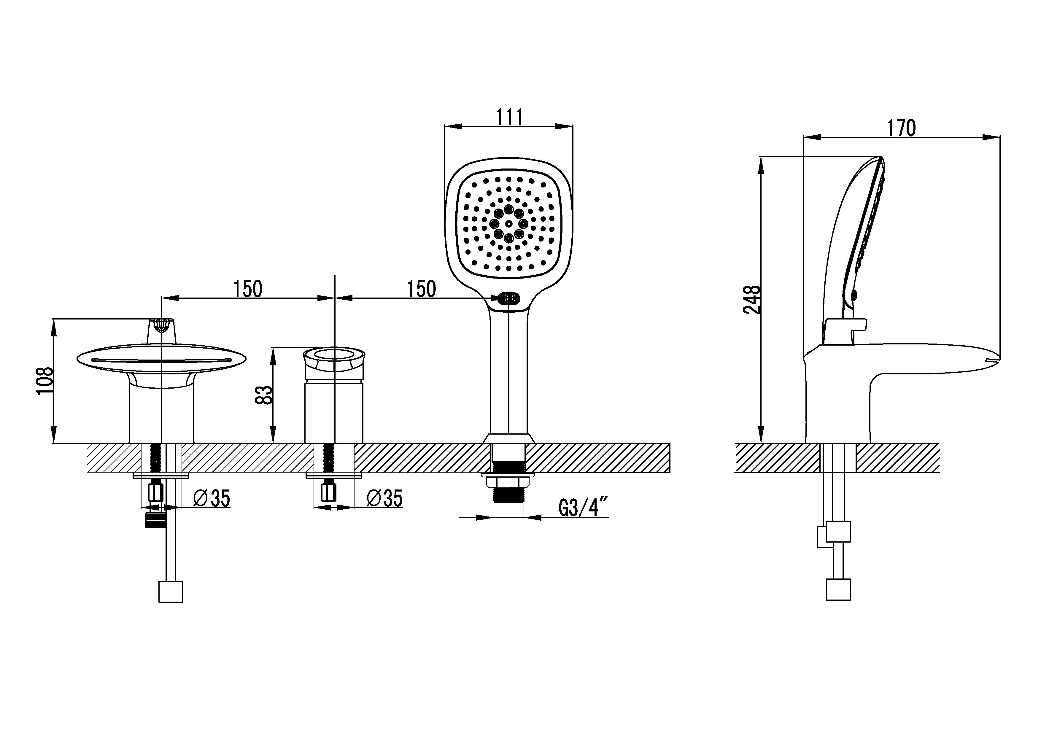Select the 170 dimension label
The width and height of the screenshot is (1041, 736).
901,128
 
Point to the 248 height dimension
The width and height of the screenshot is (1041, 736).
751,299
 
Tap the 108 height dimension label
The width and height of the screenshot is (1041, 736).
45,381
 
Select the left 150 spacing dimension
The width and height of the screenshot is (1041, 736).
247,289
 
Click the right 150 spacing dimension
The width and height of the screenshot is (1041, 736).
421,289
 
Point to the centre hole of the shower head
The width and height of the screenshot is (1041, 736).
509,224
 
